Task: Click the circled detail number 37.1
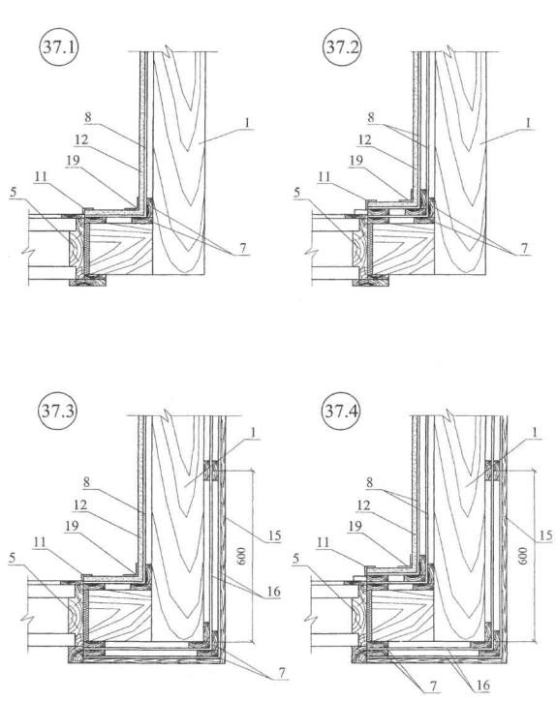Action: [x=59, y=46]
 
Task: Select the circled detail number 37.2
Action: [x=342, y=46]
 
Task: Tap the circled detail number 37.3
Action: [x=58, y=411]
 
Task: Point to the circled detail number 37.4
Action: [x=341, y=411]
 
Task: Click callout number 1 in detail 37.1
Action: [x=246, y=122]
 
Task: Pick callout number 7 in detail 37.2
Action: [x=524, y=248]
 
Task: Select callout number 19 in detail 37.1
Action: [x=73, y=161]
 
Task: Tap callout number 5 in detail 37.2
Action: [x=296, y=193]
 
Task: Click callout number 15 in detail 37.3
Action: [x=274, y=535]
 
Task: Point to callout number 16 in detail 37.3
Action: [x=273, y=592]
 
